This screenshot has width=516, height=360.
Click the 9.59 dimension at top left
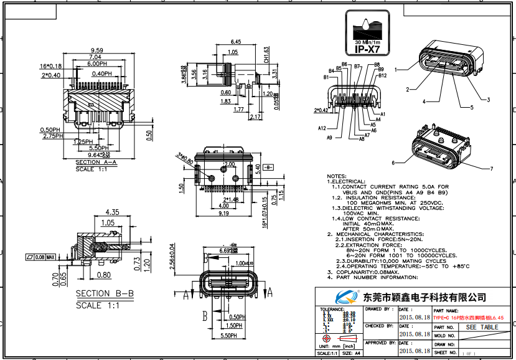coord(96,50)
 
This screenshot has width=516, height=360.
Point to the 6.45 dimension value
coord(235,42)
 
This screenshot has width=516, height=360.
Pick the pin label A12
coord(322,128)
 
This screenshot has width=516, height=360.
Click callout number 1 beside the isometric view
coord(396,70)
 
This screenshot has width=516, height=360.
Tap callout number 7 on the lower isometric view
coord(491,169)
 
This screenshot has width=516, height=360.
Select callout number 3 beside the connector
coord(489,100)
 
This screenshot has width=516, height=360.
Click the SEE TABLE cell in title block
coord(482,327)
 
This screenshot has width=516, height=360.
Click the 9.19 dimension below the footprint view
coord(223,213)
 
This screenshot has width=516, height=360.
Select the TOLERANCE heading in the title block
coord(332,309)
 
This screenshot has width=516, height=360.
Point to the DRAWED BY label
coord(378,309)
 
